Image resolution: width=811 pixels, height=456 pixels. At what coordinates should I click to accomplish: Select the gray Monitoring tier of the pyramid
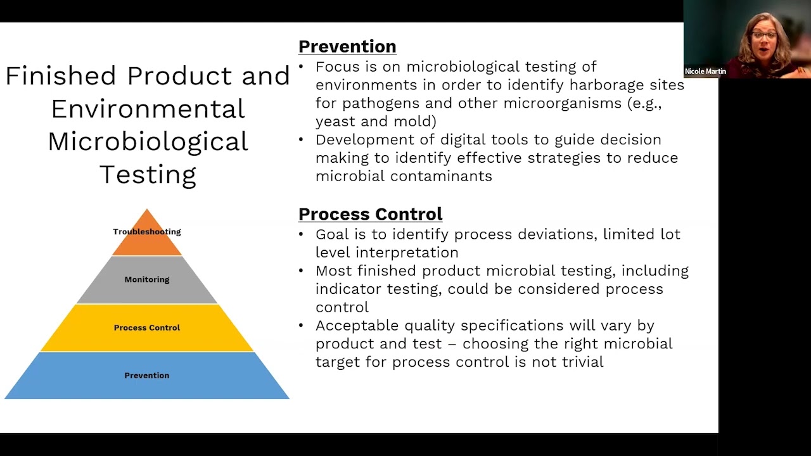point(147,280)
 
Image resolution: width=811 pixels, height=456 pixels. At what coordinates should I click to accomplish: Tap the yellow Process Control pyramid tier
point(147,328)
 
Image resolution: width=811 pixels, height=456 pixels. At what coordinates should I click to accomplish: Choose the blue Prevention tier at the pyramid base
point(147,376)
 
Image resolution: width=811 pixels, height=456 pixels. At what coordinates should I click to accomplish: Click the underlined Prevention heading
point(347,47)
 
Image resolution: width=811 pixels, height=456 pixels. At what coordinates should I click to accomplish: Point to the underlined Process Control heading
point(370,214)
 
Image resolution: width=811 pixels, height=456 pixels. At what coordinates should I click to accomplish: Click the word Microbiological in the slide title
point(148,141)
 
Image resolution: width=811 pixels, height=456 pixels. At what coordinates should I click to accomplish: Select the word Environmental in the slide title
point(148,108)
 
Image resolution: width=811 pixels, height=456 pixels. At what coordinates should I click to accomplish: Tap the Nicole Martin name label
point(705,72)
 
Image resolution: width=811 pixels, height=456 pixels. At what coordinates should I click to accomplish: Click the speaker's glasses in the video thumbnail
point(763,35)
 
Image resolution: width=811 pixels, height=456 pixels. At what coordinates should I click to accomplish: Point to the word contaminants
point(440,176)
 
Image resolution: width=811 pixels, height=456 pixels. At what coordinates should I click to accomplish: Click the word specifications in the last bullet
point(512,326)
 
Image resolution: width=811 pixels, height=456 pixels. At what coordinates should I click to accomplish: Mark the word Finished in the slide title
point(61,75)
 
